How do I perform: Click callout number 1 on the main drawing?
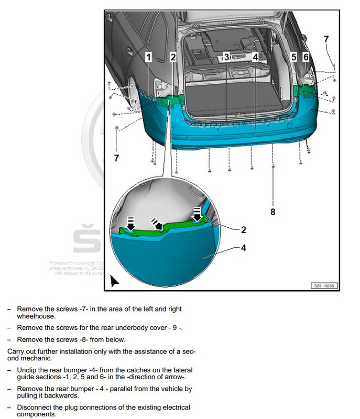click(149, 57)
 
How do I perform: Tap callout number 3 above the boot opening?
click(226, 57)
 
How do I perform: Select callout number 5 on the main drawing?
click(293, 57)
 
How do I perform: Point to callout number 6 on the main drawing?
click(306, 57)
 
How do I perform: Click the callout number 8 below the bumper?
click(272, 212)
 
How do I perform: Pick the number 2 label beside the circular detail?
click(243, 229)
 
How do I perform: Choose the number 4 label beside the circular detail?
click(243, 248)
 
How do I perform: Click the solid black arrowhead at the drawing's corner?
click(114, 281)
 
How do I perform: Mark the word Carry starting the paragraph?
click(16, 351)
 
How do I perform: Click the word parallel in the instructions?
click(118, 389)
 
